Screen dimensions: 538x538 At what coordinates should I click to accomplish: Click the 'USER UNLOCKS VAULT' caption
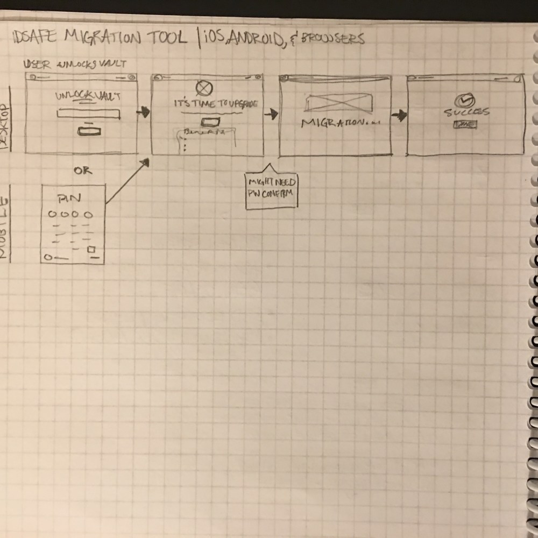click(75, 65)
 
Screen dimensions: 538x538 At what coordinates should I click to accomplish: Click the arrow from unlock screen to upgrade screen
click(143, 112)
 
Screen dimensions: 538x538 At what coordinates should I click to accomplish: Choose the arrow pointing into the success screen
click(399, 116)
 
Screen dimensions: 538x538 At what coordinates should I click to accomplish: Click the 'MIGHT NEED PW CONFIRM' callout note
click(271, 188)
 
